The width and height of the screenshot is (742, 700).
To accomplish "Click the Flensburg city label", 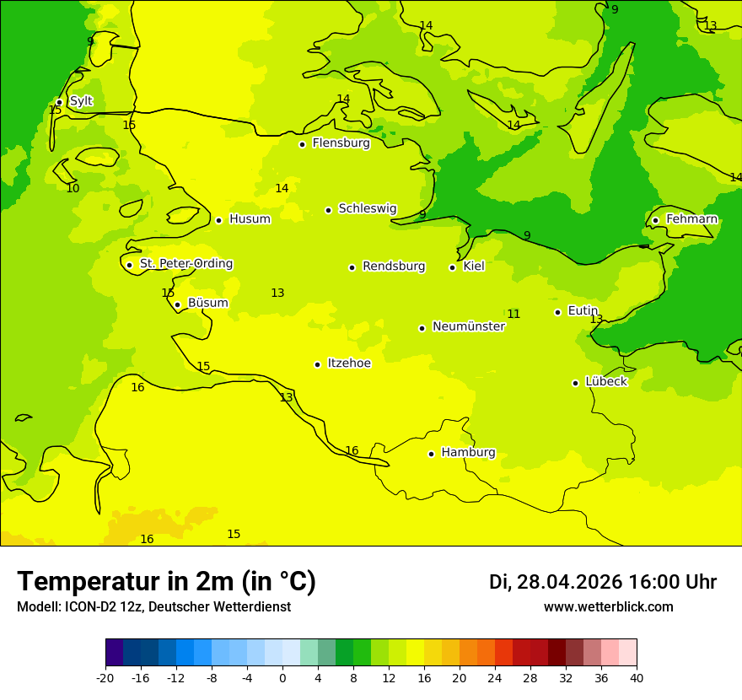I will pos(341,143).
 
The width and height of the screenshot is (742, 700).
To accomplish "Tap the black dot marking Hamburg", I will pos(431,454).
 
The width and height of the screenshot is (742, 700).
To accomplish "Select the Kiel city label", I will pos(474,267).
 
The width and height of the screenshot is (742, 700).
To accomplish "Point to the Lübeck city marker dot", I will pos(576,383).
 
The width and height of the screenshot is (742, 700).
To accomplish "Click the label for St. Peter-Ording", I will pos(186,264).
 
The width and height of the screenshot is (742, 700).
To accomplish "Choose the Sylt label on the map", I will pos(81,101).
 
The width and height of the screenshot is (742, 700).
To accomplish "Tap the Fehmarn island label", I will pos(691,219).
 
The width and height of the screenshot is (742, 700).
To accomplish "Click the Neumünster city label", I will pos(469,327).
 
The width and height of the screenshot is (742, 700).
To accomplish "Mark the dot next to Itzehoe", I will pos(317,364).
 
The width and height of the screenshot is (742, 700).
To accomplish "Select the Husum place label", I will pos(250,219).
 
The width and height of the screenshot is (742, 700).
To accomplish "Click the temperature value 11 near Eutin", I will pos(513,315).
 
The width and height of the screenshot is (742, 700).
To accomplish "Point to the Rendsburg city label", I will pos(394,267).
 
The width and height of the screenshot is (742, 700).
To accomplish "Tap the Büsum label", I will pos(207,304).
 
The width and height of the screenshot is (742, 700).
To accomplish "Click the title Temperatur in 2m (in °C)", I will pos(166,582).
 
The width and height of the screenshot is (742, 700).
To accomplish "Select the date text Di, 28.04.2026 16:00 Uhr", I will pos(603,582).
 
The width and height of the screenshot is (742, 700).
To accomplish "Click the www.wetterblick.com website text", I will pos(608,607).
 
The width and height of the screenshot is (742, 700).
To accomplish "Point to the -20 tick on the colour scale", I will pos(105,678).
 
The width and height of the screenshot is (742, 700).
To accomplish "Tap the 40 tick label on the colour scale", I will pos(637,678).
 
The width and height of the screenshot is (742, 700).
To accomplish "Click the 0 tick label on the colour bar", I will pos(282,678).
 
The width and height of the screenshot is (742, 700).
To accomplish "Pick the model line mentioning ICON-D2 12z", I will pos(153,607).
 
